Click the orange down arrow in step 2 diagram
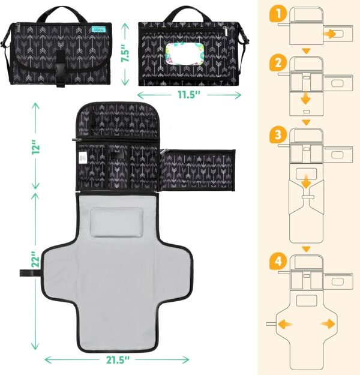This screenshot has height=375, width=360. (307, 98)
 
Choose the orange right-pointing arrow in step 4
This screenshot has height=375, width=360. (328, 324)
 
